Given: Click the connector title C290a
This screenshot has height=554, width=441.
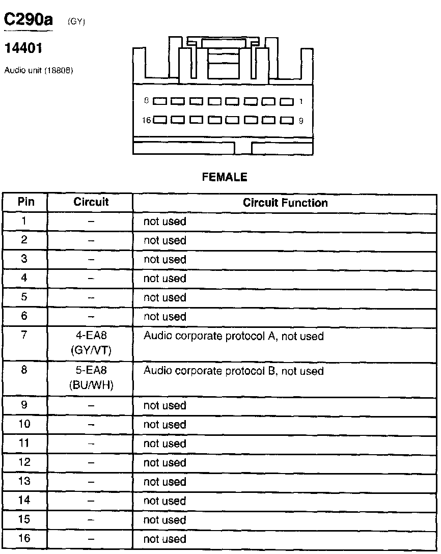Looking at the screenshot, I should (29, 20).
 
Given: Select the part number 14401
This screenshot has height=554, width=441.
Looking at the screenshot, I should (23, 49).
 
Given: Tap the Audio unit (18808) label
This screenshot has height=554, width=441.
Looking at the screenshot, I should (39, 71).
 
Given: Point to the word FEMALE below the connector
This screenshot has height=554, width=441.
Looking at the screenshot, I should (225, 177).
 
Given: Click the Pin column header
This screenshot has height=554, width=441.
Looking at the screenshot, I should (26, 202).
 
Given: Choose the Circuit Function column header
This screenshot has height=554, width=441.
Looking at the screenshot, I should (285, 203).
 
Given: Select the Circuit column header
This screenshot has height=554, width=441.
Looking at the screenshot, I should (91, 202).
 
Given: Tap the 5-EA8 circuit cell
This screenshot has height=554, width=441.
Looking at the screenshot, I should (91, 377).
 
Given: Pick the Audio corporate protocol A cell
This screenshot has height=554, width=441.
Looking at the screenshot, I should (234, 336).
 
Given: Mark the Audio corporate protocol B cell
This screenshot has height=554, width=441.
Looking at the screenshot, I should (234, 371).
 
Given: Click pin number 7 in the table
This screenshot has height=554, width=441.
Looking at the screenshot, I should (24, 335).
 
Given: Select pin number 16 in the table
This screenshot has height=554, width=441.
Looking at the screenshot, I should (24, 538).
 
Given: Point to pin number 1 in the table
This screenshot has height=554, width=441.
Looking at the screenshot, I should (24, 221).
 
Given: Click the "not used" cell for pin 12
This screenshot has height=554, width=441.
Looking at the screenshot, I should (165, 463).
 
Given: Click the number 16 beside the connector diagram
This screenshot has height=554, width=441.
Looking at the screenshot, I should (147, 121).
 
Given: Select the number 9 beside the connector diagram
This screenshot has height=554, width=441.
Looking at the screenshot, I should (301, 121).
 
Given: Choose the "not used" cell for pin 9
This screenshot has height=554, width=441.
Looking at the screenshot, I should (165, 406).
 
